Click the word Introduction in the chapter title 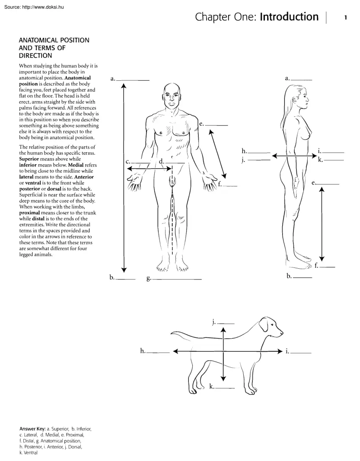coord(289,17)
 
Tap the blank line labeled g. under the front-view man coord(177,280)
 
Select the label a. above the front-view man coord(113,79)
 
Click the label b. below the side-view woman coord(289,276)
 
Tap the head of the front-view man coord(172,96)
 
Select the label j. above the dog coord(214,322)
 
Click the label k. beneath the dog coord(212,387)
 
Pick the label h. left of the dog coord(143,351)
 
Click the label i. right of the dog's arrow coord(287,351)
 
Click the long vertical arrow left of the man coord(124,177)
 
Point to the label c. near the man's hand coord(128,162)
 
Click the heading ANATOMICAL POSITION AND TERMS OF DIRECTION coord(54,48)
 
